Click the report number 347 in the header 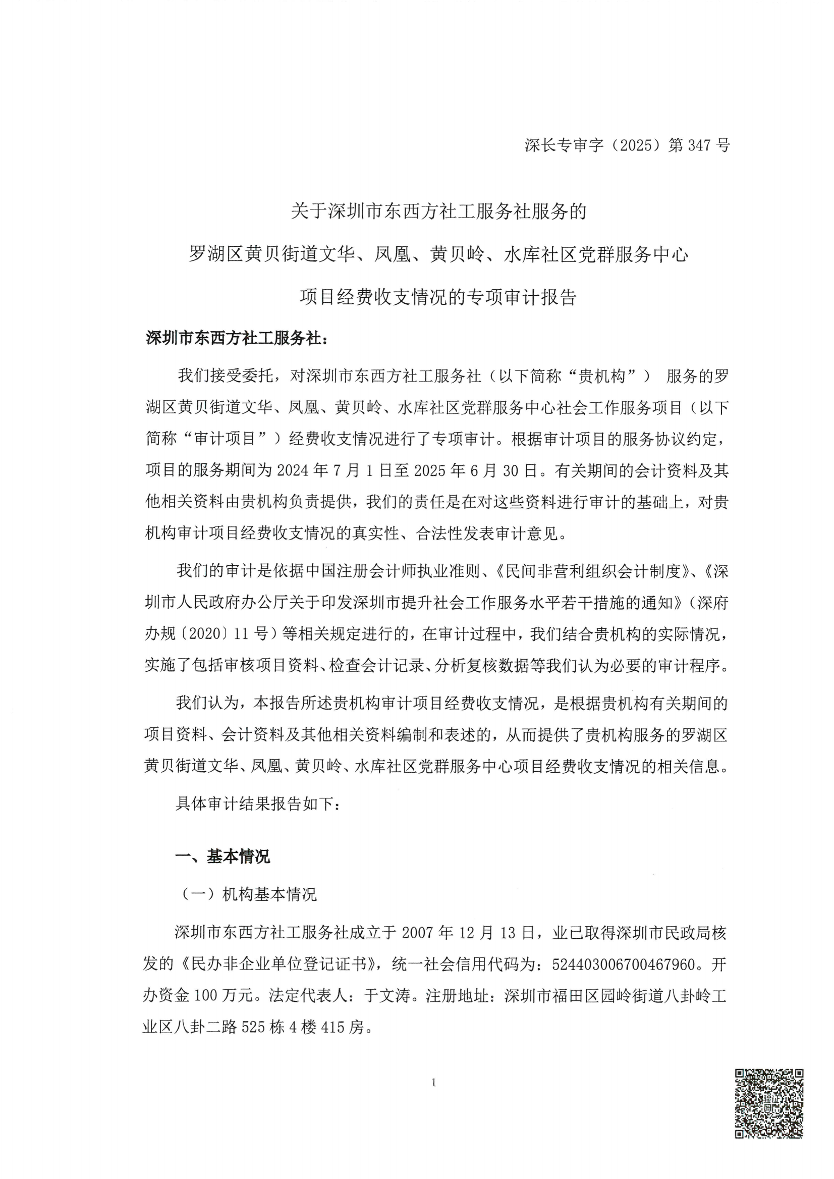698,145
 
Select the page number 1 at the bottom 434,1083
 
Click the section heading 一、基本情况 223,856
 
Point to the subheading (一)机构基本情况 248,894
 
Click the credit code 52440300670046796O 624,964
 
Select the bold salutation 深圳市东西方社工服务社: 236,339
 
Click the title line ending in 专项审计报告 438,297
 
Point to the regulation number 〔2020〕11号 224,634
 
